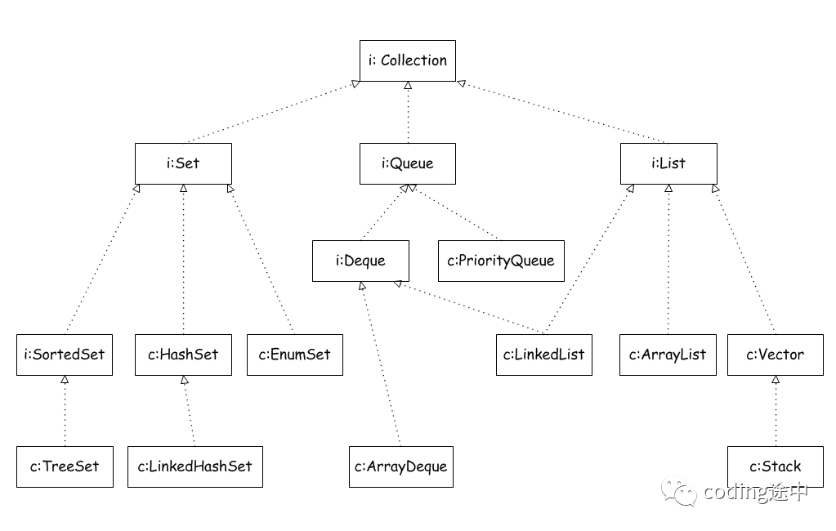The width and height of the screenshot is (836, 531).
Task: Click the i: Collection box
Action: coord(408,60)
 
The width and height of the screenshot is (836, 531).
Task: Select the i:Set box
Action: coord(183,163)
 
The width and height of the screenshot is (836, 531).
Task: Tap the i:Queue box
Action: coord(408,163)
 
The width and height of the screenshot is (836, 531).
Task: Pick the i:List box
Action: coord(668,163)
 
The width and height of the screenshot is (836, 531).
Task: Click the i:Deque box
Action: coord(360,261)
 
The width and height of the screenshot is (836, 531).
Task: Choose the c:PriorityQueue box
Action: coord(501,261)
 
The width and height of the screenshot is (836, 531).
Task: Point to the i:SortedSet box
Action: coord(65,355)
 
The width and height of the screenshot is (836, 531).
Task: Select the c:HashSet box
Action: coord(183,355)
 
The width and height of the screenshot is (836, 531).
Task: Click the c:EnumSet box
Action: coord(295,355)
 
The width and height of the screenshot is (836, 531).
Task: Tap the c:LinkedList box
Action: coord(544,355)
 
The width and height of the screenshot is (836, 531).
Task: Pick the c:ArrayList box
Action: coord(668,355)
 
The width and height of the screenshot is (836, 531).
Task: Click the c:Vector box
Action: coord(776,355)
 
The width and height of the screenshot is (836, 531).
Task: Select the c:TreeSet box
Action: coord(65,467)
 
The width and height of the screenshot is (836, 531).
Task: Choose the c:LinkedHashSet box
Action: coord(195,467)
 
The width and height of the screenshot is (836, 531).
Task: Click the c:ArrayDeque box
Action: coord(401,467)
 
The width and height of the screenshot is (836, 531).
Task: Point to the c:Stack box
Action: coord(776,467)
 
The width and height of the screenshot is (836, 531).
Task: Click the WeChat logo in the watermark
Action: coord(679,491)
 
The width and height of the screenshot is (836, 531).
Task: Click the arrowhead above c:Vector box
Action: coord(776,380)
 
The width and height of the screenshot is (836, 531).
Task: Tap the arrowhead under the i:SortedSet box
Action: coord(65,380)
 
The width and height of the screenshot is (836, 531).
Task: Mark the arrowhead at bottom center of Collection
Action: coord(408,85)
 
